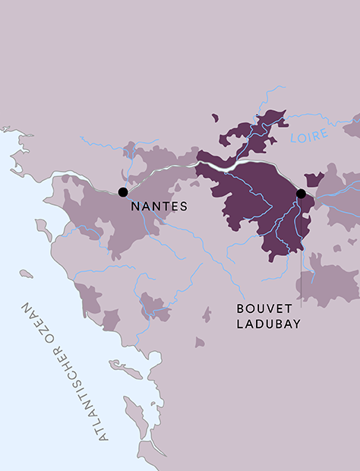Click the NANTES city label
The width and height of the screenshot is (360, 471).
159,206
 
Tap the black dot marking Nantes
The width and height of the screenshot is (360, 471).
123,192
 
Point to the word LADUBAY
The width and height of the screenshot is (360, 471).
268,324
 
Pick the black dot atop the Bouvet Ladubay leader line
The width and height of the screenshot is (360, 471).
301,194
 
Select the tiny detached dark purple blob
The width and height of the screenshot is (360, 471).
215,118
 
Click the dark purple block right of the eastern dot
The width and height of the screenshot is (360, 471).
313,179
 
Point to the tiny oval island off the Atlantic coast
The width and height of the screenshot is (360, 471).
26,273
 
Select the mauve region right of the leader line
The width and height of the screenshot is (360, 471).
330,281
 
